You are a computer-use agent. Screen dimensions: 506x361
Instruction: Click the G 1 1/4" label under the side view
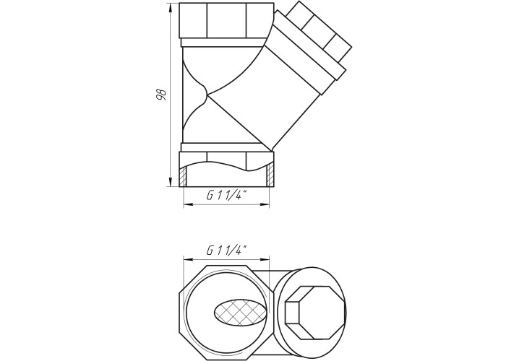(227, 195)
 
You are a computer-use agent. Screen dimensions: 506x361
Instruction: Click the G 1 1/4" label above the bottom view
(227, 250)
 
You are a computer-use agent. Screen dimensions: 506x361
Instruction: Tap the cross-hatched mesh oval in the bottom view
(241, 312)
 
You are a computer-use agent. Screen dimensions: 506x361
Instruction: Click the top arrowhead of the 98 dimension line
(170, 8)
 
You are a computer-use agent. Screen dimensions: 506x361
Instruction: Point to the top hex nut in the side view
(227, 21)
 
